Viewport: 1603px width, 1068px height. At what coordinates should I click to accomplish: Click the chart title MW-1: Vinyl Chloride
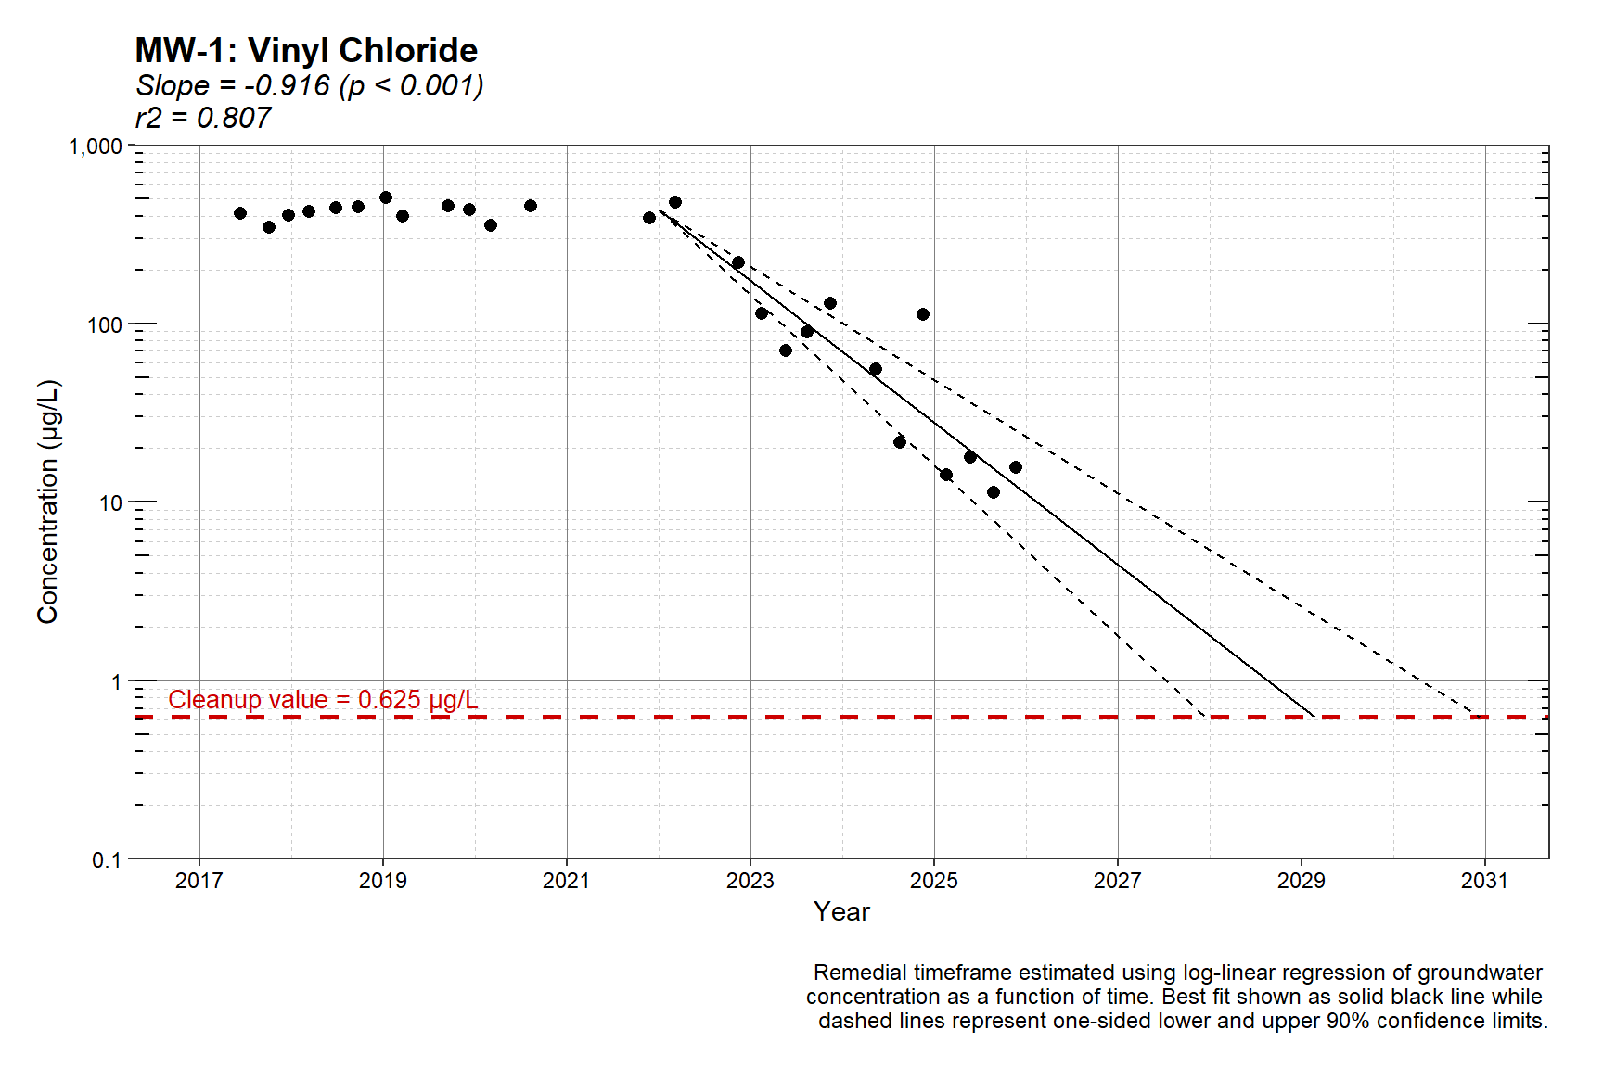pyautogui.click(x=306, y=50)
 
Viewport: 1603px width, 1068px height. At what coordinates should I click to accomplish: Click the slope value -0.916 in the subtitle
pyautogui.click(x=287, y=85)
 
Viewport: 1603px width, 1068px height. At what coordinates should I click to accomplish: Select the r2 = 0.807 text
pyautogui.click(x=203, y=118)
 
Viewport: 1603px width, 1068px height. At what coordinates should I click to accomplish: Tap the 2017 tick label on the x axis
pyautogui.click(x=199, y=881)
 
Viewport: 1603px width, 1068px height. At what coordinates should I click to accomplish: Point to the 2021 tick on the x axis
pyautogui.click(x=566, y=881)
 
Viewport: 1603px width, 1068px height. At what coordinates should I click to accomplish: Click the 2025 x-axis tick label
pyautogui.click(x=933, y=881)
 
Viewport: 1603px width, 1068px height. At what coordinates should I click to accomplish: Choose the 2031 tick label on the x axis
pyautogui.click(x=1484, y=881)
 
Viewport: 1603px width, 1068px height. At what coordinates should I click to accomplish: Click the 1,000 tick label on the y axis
pyautogui.click(x=96, y=146)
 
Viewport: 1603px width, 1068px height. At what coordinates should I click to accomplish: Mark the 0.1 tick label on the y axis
pyautogui.click(x=107, y=860)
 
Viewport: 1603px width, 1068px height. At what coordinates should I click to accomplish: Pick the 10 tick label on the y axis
pyautogui.click(x=110, y=503)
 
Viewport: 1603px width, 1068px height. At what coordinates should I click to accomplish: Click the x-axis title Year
pyautogui.click(x=841, y=912)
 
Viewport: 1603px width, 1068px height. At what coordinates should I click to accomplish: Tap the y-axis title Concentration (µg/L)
pyautogui.click(x=48, y=502)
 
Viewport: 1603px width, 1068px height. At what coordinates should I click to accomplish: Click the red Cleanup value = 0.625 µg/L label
pyautogui.click(x=323, y=700)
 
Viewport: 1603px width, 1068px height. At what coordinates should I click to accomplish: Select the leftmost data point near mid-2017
pyautogui.click(x=240, y=213)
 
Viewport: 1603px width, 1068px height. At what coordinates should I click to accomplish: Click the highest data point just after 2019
pyautogui.click(x=386, y=197)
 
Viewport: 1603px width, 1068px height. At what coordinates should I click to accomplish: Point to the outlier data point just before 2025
pyautogui.click(x=923, y=314)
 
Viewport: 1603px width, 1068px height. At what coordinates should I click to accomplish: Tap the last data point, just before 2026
pyautogui.click(x=1016, y=467)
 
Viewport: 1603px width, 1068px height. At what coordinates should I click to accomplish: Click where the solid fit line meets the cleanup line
pyautogui.click(x=1314, y=717)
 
